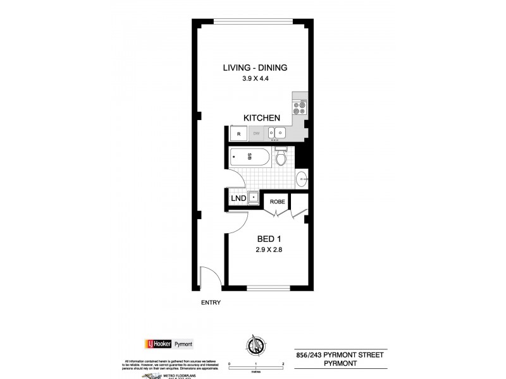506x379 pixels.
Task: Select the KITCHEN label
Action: point(262,118)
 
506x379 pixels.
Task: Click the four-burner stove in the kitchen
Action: point(299,107)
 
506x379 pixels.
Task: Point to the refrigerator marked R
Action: point(238,133)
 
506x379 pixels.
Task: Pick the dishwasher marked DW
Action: point(256,133)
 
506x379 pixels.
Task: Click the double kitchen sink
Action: point(277,133)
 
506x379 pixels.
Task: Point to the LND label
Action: point(239,198)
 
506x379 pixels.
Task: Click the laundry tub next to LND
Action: point(253,198)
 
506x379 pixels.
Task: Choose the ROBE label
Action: point(278,202)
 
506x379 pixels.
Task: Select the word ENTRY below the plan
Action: point(211,303)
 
